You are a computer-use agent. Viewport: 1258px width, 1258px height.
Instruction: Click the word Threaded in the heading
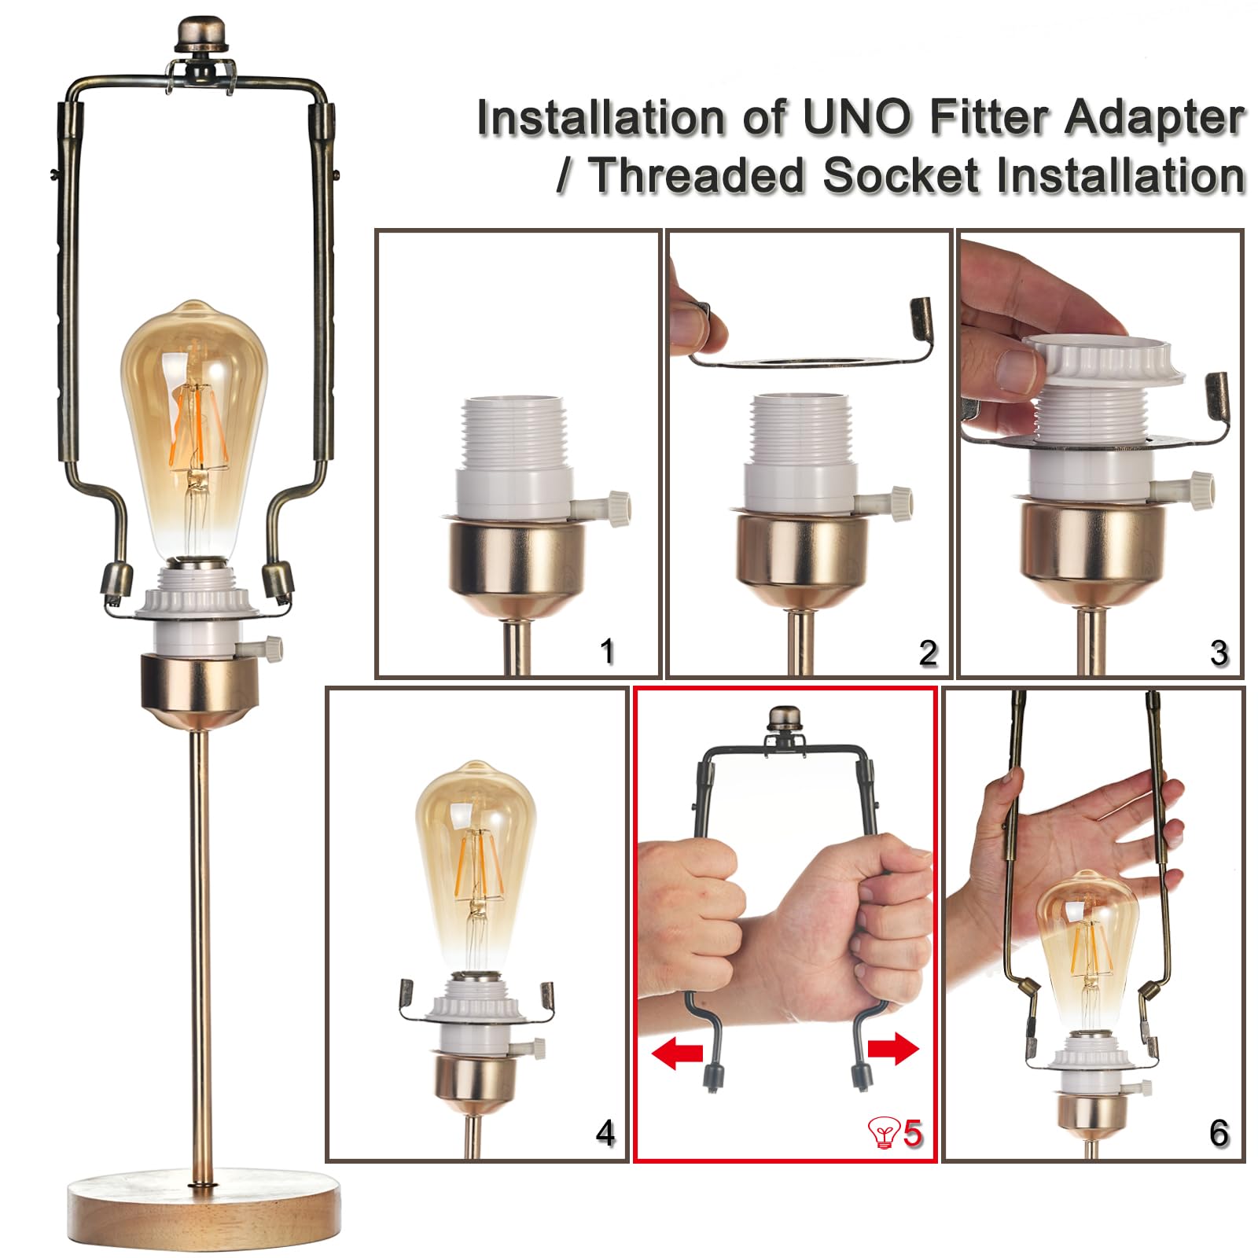697,175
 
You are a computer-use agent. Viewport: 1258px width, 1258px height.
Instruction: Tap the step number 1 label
606,652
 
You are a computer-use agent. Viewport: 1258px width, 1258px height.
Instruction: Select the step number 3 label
1219,653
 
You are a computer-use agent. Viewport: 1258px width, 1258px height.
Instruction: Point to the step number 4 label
605,1133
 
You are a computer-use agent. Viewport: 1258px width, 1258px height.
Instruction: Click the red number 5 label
912,1133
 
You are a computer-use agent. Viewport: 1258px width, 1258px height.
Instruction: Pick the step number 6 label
1219,1133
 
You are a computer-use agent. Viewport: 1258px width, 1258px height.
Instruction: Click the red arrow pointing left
677,1052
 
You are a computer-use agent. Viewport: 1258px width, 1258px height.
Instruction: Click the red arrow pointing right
892,1048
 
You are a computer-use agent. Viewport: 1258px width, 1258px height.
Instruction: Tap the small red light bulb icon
884,1134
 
